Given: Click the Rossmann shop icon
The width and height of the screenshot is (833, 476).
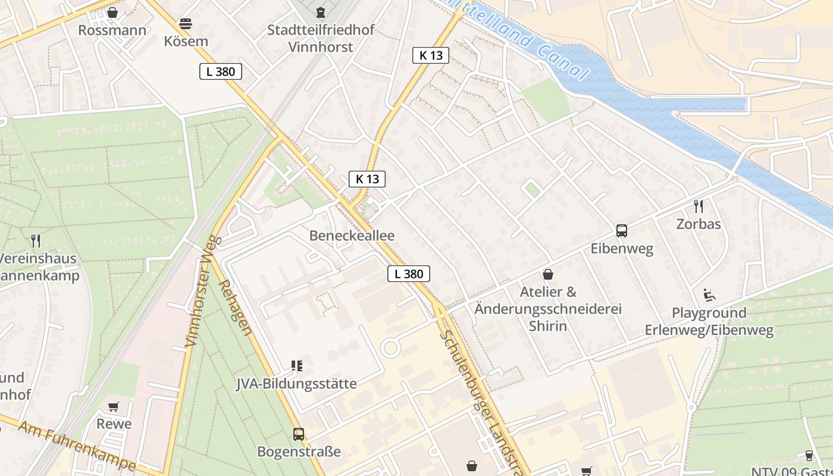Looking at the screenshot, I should (112, 12).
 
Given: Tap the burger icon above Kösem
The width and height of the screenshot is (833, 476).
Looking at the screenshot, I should (186, 24).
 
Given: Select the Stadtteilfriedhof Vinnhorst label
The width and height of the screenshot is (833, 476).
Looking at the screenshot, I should (321, 38).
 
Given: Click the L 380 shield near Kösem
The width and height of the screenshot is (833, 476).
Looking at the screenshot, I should (220, 72).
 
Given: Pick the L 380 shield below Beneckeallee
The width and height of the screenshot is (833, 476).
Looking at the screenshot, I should (409, 274).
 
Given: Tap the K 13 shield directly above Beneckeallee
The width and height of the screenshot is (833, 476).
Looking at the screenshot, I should (367, 179).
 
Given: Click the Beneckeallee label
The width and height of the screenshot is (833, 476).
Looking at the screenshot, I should (352, 236).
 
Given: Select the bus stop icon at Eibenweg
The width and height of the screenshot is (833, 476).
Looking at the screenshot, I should (622, 231).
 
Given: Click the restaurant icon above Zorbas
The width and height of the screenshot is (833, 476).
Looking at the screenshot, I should (699, 206).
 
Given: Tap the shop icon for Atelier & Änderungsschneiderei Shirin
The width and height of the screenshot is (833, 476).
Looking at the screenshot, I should (547, 274).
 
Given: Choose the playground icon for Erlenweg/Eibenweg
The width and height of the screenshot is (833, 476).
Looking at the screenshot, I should (709, 295).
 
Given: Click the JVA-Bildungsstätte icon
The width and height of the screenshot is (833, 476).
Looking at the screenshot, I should (296, 366).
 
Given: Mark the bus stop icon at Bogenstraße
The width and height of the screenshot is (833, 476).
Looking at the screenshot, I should (299, 434).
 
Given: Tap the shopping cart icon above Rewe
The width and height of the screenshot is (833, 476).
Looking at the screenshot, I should (114, 407).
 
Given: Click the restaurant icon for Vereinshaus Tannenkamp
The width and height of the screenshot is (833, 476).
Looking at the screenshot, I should (36, 241).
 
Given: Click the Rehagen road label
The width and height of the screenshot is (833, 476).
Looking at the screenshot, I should (236, 306).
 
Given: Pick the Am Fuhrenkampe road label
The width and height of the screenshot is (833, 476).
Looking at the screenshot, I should (77, 446).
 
